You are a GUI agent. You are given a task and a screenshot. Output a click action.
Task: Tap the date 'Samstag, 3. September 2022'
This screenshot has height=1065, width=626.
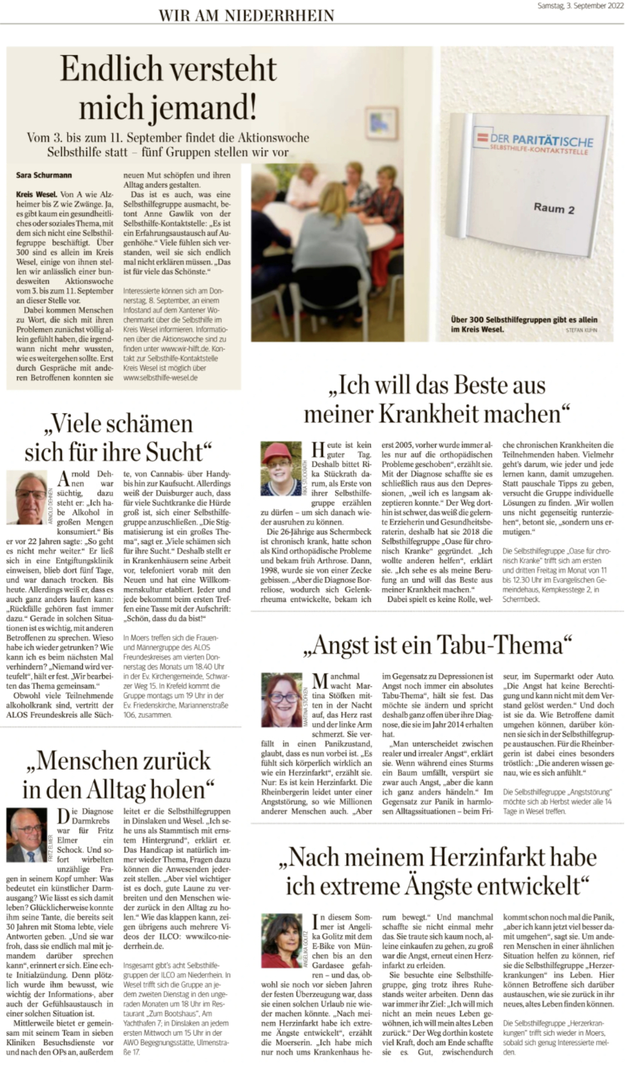580,6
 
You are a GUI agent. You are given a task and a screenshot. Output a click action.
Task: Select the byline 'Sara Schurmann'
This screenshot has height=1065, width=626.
44,175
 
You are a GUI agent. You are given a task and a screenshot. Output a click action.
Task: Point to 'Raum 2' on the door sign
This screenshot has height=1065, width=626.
553,208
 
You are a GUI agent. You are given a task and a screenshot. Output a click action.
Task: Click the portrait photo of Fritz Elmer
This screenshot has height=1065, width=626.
26,835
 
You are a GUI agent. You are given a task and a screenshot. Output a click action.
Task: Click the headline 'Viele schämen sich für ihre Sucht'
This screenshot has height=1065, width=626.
118,437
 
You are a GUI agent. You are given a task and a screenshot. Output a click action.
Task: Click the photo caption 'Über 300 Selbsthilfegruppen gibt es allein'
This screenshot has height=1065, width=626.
524,320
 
